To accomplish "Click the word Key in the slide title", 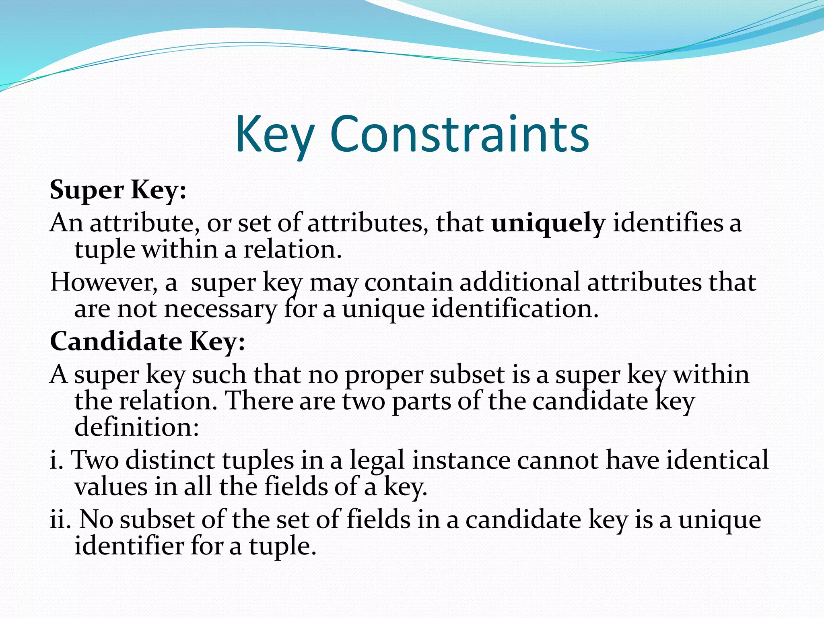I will pyautogui.click(x=274, y=135).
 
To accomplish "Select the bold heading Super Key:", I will pyautogui.click(x=118, y=190).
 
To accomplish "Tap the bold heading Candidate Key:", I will pyautogui.click(x=147, y=342).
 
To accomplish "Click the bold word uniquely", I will pyautogui.click(x=548, y=224).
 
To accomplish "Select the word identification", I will pyautogui.click(x=515, y=309).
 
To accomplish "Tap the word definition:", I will pyautogui.click(x=137, y=427).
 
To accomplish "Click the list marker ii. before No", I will pyautogui.click(x=60, y=519).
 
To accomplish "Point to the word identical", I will pyautogui.click(x=717, y=460).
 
